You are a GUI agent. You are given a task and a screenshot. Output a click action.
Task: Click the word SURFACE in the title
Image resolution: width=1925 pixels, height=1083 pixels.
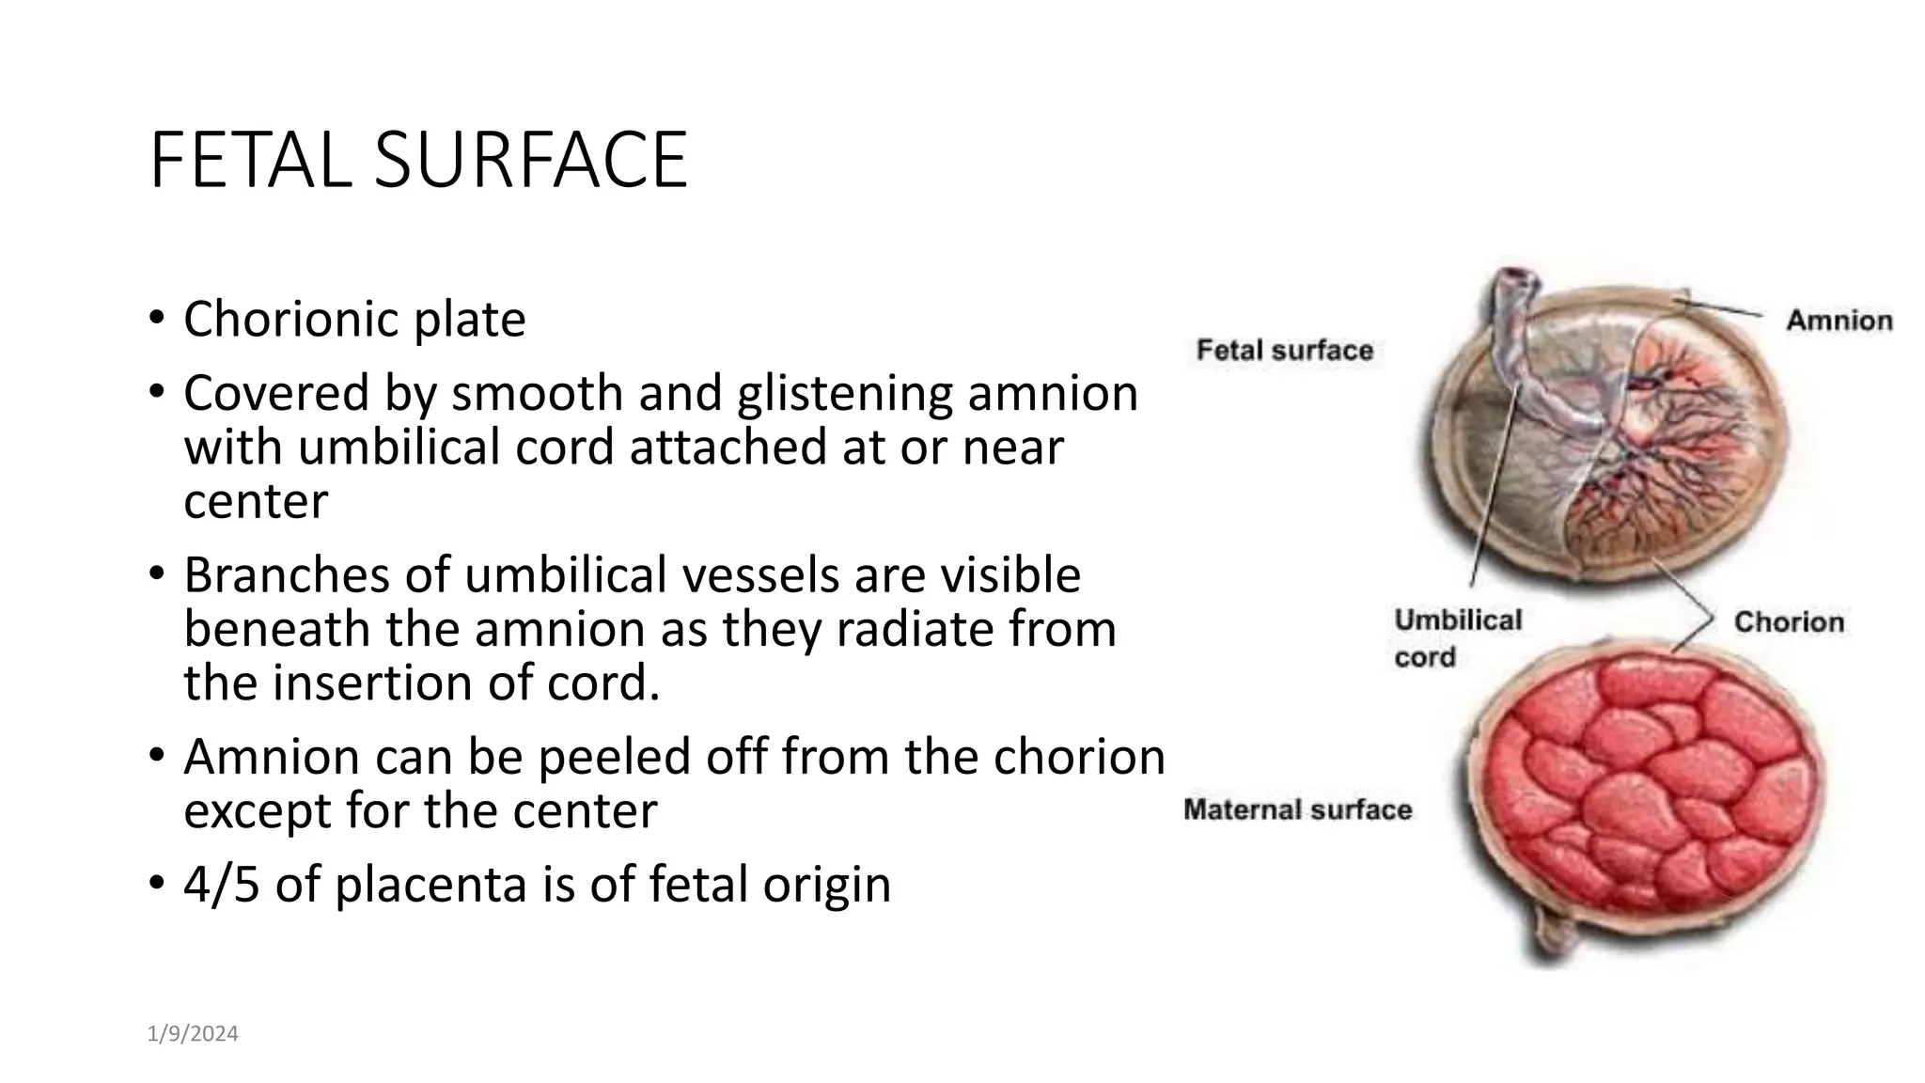click(x=531, y=161)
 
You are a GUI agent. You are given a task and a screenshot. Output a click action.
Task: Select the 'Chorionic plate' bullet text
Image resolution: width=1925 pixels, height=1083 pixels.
click(x=354, y=320)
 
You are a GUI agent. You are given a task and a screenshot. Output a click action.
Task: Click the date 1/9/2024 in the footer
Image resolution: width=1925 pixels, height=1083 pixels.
click(x=193, y=1034)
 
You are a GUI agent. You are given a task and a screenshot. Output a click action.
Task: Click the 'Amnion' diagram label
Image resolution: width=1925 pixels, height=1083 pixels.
click(x=1839, y=321)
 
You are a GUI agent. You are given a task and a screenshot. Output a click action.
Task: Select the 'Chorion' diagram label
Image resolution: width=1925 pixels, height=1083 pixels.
click(x=1788, y=622)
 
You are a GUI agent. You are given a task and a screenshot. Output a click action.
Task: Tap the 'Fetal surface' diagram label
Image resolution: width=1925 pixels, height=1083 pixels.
click(x=1284, y=351)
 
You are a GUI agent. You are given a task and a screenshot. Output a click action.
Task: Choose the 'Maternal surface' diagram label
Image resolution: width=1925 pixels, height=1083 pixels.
click(x=1297, y=810)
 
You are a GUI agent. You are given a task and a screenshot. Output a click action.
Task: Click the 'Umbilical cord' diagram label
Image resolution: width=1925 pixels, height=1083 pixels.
click(x=1456, y=638)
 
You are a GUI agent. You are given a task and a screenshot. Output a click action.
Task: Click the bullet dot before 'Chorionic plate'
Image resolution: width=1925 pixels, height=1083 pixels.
click(x=156, y=317)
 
